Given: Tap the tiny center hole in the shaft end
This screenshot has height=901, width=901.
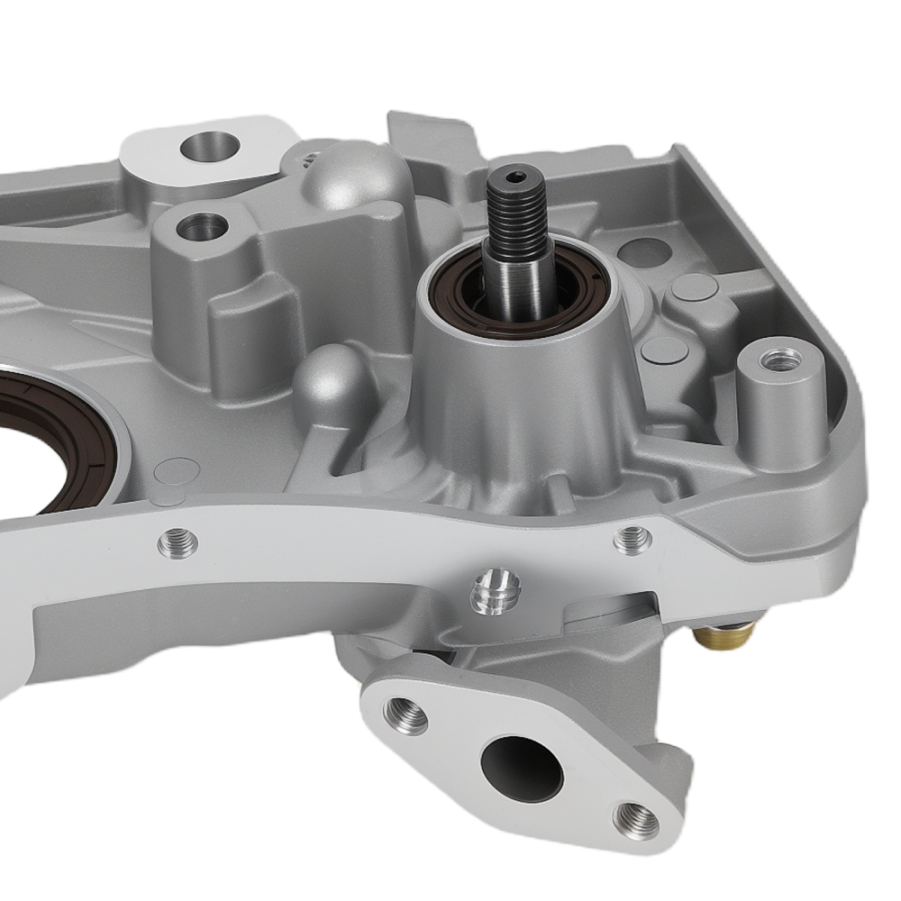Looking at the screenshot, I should click(x=513, y=178).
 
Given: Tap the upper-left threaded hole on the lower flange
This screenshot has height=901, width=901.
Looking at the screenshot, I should click(x=405, y=714).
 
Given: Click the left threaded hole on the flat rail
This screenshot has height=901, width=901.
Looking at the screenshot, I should click(x=178, y=542).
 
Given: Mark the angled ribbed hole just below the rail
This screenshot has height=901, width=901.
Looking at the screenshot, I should click(x=495, y=591).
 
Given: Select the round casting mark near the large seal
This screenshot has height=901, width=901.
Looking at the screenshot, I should click(x=176, y=471).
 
